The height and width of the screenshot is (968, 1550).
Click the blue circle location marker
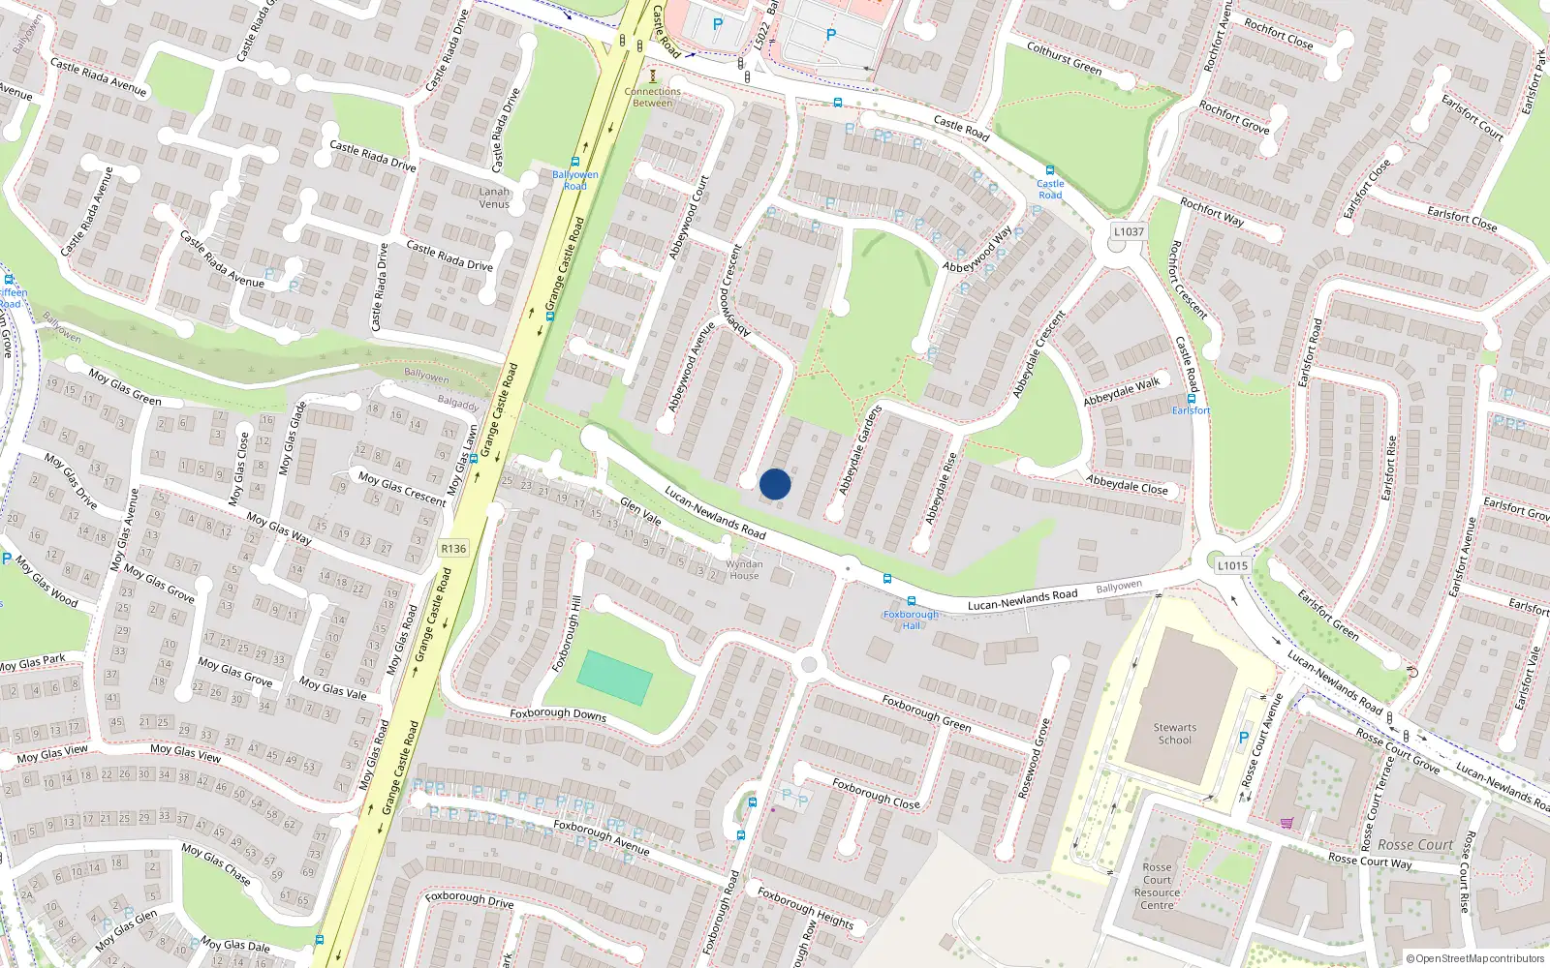click(x=775, y=484)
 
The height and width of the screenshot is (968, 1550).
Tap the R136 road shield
click(x=453, y=549)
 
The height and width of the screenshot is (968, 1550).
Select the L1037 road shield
click(x=1129, y=232)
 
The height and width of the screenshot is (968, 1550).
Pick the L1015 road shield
click(x=1232, y=565)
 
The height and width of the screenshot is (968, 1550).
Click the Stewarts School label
click(x=1175, y=734)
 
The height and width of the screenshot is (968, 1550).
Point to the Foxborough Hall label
click(x=911, y=620)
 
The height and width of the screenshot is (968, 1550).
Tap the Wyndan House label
click(x=744, y=569)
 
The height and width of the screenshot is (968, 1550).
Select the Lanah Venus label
click(x=494, y=197)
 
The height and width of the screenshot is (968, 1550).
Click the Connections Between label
click(x=653, y=97)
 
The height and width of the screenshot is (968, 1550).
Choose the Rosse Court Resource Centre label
click(x=1157, y=887)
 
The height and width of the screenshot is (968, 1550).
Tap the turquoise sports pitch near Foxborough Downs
click(x=615, y=678)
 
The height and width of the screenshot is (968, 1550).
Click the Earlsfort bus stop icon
click(x=1192, y=398)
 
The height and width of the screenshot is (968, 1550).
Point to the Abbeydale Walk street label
click(x=1121, y=392)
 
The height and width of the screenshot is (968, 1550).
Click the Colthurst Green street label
click(x=1064, y=58)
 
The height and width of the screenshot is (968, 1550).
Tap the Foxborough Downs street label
click(x=558, y=714)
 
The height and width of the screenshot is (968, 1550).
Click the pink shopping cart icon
click(x=1286, y=823)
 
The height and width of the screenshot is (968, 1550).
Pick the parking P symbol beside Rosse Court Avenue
click(x=1244, y=738)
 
